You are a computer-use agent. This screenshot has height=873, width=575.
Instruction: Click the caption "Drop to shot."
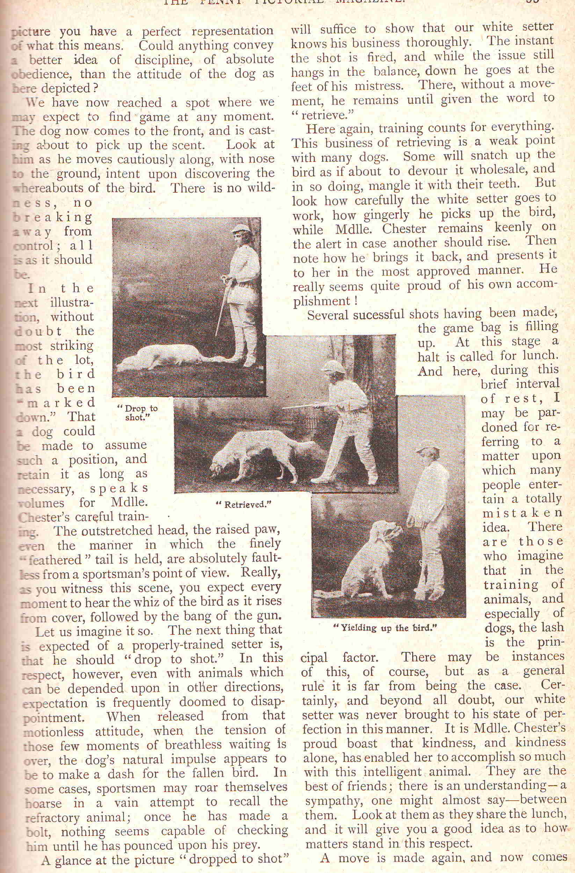pos(137,412)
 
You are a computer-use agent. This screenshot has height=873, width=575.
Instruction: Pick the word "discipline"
pos(166,60)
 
